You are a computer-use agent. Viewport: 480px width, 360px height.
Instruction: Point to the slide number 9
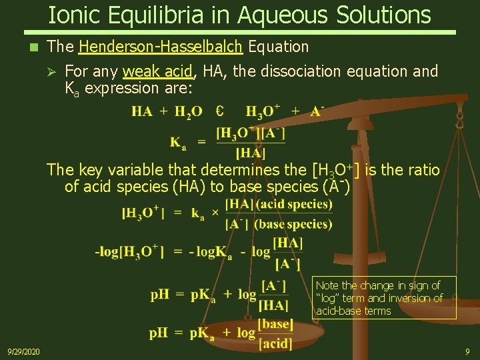point(467,351)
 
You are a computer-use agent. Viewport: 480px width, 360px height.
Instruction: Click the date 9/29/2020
point(23,351)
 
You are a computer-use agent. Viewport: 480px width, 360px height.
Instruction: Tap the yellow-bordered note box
point(385,297)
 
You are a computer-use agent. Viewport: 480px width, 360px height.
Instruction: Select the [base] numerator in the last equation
point(276,325)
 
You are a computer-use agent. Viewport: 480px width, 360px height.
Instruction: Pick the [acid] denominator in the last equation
point(276,343)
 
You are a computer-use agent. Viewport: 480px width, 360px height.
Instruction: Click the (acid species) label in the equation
point(294,204)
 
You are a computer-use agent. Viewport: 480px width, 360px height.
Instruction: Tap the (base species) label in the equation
point(293,224)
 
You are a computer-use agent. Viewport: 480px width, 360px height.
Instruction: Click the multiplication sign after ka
point(215,213)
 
